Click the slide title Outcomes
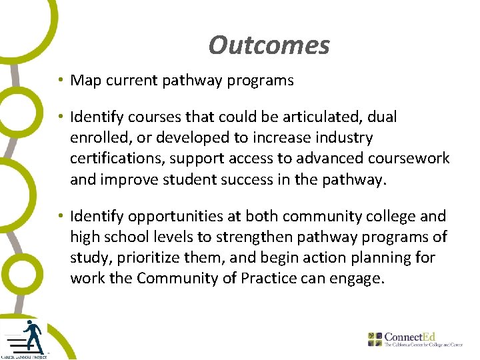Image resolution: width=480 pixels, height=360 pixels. pos(269,45)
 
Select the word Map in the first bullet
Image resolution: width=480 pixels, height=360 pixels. pos(85,81)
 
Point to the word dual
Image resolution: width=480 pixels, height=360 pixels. pos(382,117)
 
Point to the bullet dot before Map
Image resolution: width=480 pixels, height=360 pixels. pos(60,81)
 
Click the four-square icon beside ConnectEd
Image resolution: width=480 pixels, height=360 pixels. pos(376,338)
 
